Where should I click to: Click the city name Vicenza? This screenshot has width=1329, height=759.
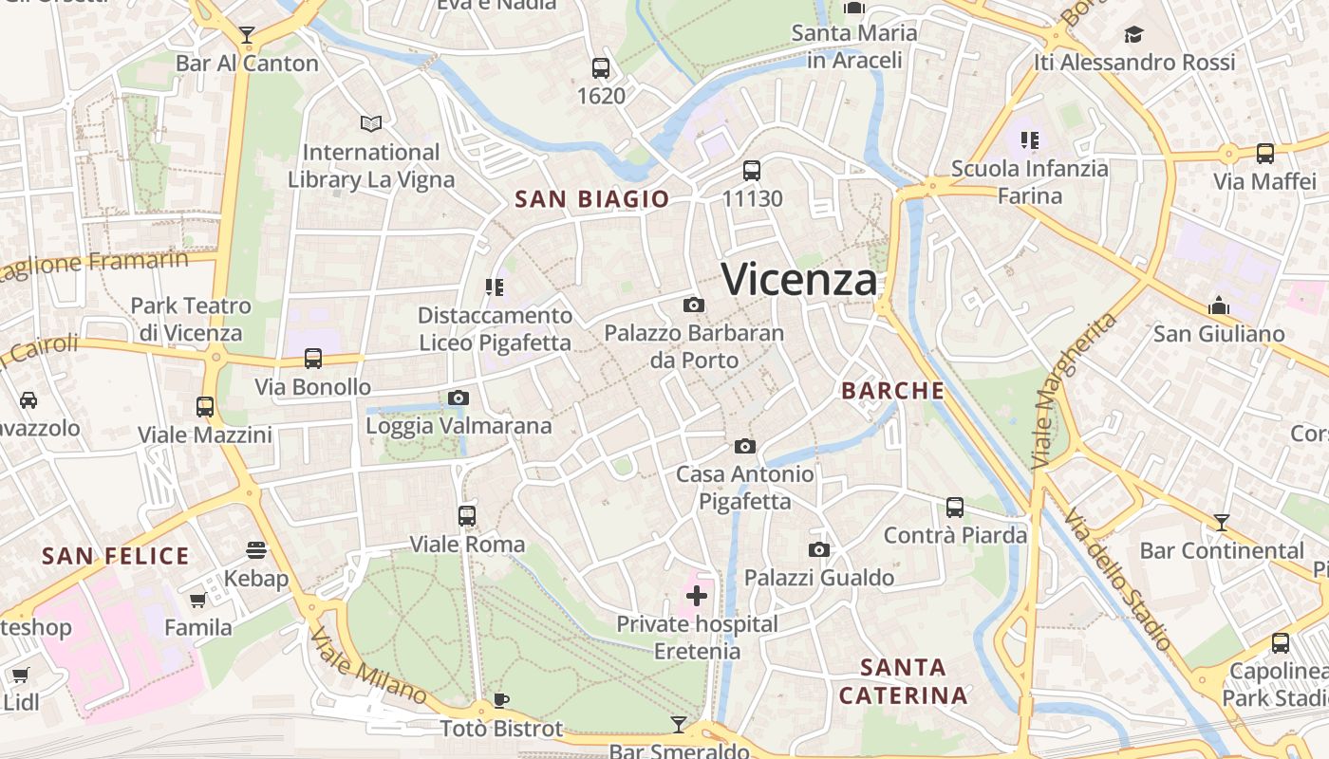[799, 279]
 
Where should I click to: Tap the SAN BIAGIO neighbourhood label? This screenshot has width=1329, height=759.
[591, 199]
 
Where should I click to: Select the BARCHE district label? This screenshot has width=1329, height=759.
[893, 391]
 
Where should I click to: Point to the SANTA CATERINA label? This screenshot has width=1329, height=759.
[903, 681]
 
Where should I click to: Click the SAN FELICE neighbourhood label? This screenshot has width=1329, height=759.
[116, 556]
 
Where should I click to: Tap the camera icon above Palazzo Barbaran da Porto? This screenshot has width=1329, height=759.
[694, 305]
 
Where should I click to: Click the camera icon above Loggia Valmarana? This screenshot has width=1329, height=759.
[459, 398]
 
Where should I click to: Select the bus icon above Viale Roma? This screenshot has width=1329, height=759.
[467, 515]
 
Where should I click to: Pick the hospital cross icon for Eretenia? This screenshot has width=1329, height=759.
[697, 596]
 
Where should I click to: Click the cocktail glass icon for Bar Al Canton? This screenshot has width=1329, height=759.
[247, 35]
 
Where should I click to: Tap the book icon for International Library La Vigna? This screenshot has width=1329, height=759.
[371, 123]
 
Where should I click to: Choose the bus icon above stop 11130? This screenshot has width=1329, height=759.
[752, 170]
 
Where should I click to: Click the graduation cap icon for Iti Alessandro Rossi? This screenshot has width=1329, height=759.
[1134, 35]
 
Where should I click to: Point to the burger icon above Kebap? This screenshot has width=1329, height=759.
[256, 549]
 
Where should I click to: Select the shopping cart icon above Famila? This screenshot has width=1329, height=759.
[198, 600]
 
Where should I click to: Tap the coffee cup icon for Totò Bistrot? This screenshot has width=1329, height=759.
[501, 700]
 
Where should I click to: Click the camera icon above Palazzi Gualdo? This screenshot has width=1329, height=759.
[819, 549]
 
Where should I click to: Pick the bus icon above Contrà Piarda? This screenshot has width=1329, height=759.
[955, 507]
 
